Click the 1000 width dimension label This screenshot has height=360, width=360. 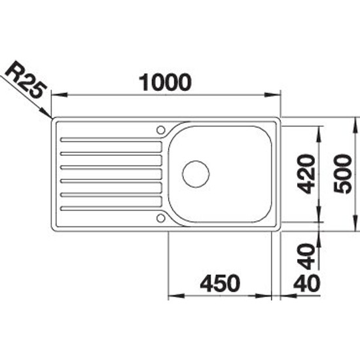[165, 82]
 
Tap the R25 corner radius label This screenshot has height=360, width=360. [26, 79]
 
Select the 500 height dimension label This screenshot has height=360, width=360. [343, 174]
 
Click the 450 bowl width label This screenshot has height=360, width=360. [220, 283]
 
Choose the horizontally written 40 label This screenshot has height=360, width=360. [306, 283]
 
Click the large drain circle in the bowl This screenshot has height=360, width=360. [196, 174]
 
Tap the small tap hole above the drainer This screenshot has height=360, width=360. [161, 130]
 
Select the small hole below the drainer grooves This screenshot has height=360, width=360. [161, 218]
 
